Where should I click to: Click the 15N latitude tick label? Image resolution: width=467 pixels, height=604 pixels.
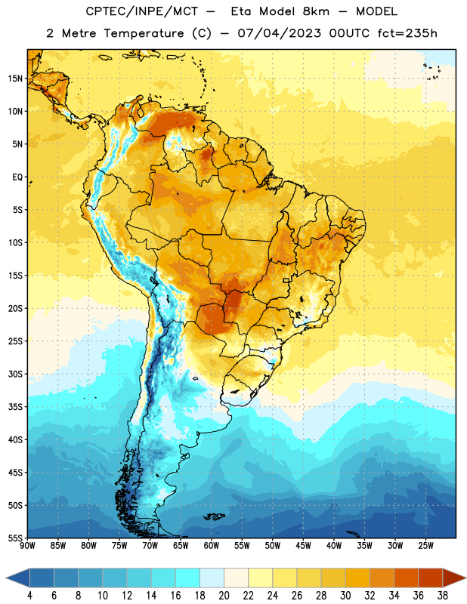(15, 79)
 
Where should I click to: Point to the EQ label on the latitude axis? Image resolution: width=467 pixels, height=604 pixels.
(17, 177)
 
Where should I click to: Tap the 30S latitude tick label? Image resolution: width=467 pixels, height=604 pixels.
(15, 374)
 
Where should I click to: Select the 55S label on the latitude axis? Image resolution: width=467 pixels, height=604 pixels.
(15, 538)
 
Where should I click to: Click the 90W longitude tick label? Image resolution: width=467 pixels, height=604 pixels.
(27, 546)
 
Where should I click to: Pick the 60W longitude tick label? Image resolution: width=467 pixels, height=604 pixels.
(212, 546)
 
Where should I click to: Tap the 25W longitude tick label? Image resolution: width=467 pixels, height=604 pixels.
(425, 546)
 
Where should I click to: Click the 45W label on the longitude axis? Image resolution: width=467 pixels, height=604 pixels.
(303, 546)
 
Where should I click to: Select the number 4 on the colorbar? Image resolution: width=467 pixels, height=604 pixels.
(29, 596)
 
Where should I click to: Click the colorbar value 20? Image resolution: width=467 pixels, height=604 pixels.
(224, 596)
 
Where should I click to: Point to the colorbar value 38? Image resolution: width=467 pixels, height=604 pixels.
(443, 596)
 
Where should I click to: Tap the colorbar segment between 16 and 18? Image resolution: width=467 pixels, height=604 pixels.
(188, 578)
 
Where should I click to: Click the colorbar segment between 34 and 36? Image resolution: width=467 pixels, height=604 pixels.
(406, 578)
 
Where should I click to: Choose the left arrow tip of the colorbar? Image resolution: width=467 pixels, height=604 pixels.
(6, 578)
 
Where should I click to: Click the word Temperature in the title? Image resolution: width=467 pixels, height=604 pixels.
(144, 33)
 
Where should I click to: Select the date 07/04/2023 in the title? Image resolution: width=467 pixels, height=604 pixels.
(279, 33)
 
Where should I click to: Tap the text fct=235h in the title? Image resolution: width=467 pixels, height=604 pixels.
(407, 33)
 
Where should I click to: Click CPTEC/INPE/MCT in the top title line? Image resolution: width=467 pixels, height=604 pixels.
(141, 11)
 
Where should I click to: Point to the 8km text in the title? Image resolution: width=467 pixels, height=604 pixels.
(316, 11)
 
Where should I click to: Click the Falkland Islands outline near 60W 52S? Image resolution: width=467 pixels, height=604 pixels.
(214, 516)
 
